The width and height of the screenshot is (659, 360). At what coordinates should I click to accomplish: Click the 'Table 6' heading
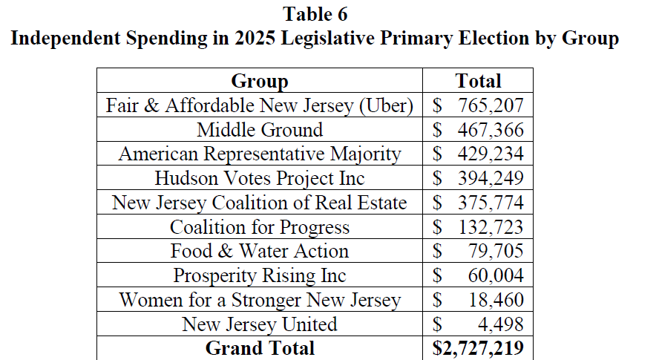(x=315, y=14)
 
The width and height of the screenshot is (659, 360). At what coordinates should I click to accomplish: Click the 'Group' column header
(x=259, y=81)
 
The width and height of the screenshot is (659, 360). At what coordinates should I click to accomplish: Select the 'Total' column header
(x=479, y=81)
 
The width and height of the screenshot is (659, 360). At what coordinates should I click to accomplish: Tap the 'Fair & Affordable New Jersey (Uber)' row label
(x=259, y=105)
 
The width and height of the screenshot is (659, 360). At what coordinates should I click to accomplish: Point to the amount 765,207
(x=487, y=105)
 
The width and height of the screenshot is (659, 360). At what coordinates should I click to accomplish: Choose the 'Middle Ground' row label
(x=259, y=130)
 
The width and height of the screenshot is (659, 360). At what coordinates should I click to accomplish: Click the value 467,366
(x=487, y=130)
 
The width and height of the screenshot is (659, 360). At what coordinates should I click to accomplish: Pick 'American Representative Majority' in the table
(x=259, y=154)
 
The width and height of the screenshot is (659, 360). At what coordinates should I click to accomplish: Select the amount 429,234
(x=487, y=154)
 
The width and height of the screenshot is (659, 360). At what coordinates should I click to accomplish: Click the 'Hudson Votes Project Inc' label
(x=259, y=178)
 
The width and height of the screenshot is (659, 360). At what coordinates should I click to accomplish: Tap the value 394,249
(x=487, y=178)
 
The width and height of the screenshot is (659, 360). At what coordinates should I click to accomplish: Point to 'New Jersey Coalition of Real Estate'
(x=259, y=203)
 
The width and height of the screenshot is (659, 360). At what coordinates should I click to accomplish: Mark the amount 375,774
(x=487, y=203)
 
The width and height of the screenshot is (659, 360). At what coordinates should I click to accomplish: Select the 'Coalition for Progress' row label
(x=259, y=227)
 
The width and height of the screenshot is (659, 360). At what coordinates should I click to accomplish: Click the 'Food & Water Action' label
(x=259, y=251)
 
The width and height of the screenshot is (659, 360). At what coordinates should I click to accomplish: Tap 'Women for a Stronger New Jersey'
(x=259, y=300)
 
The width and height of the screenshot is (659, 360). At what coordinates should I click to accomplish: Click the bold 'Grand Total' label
(x=259, y=348)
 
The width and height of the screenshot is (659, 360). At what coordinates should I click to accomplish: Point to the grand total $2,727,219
(x=479, y=348)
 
